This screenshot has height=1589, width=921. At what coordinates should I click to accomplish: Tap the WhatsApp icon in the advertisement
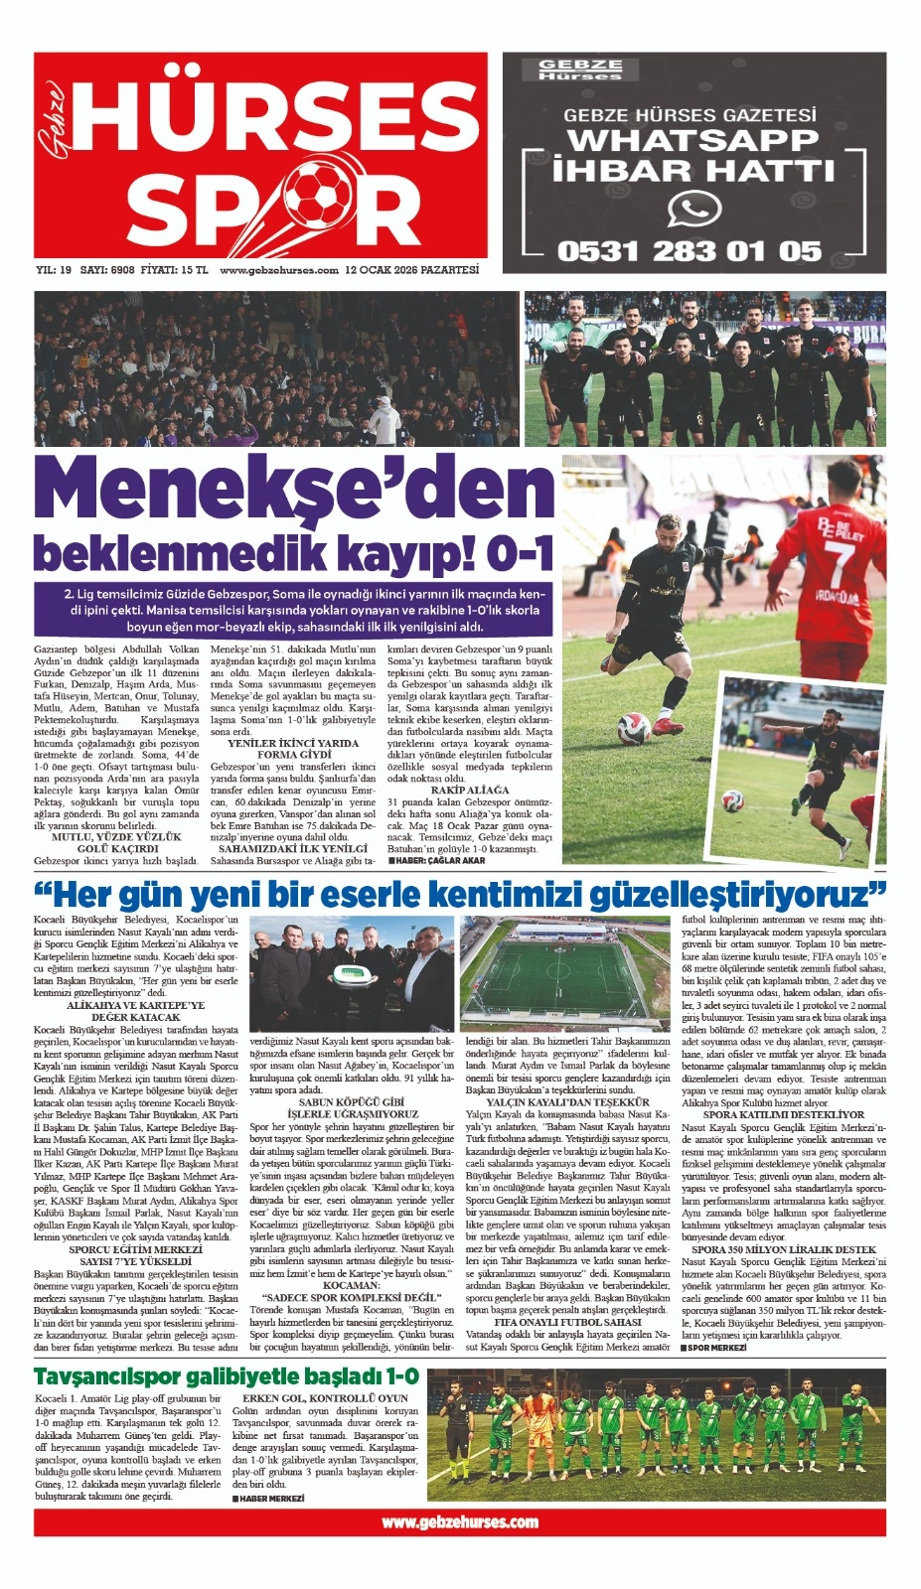pyautogui.click(x=693, y=209)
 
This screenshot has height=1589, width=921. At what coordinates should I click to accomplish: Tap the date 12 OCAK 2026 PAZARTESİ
pyautogui.click(x=411, y=270)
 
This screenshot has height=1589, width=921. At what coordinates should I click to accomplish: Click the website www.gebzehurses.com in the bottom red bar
pyautogui.click(x=459, y=1521)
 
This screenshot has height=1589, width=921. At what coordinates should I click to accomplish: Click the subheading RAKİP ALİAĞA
pyautogui.click(x=463, y=790)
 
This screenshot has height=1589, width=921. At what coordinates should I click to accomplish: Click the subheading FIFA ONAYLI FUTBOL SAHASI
pyautogui.click(x=567, y=1323)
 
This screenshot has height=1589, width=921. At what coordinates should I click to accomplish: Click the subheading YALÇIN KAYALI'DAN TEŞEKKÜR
pyautogui.click(x=567, y=1102)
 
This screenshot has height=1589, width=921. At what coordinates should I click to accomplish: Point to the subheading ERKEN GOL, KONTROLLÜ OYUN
pyautogui.click(x=326, y=1398)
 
